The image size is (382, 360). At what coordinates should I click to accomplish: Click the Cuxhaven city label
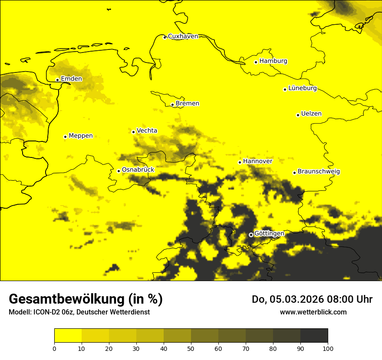[183, 36]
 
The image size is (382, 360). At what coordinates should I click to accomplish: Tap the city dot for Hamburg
[256, 62]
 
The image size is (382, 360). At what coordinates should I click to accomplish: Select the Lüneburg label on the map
[302, 88]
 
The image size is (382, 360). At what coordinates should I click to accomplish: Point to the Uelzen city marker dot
[298, 115]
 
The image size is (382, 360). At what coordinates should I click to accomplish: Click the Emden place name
[71, 79]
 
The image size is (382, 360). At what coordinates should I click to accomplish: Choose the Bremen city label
[187, 104]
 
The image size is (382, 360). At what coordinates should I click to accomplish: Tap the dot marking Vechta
[134, 132]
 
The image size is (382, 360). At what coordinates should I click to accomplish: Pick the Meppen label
[80, 136]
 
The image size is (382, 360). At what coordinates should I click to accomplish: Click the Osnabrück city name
[138, 170]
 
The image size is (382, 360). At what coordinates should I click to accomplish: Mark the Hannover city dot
[240, 162]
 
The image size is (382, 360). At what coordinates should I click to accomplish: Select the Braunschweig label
[319, 172]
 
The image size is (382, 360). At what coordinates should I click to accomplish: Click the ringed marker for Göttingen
[251, 235]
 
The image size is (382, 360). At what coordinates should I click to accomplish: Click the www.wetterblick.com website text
[313, 312]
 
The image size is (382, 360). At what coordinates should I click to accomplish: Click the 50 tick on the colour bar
[191, 348]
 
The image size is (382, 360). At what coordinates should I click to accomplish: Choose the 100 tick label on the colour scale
[328, 348]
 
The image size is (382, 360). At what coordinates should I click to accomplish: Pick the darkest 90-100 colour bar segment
[314, 335]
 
